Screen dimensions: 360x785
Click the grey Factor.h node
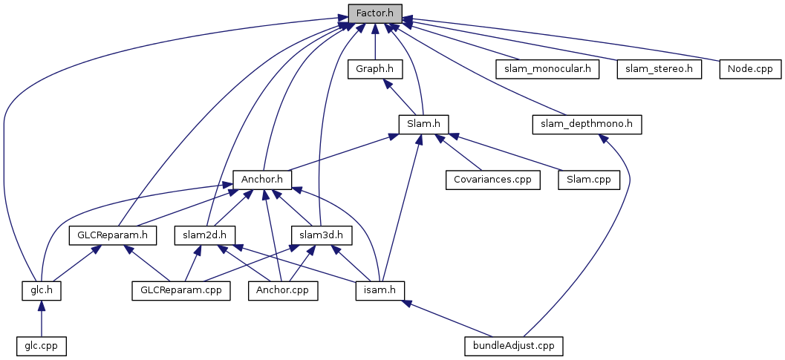375,13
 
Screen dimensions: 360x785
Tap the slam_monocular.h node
547,69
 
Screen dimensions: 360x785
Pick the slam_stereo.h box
658,69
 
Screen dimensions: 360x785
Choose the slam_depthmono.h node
587,124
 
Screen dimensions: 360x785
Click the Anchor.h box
262,180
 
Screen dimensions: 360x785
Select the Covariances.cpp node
493,180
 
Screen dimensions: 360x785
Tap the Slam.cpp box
588,180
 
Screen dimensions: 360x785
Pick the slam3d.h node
321,235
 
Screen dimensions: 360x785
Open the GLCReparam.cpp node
180,290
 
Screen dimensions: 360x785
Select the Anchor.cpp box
283,290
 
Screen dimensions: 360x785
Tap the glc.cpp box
41,346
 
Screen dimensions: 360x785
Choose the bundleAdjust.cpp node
513,346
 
